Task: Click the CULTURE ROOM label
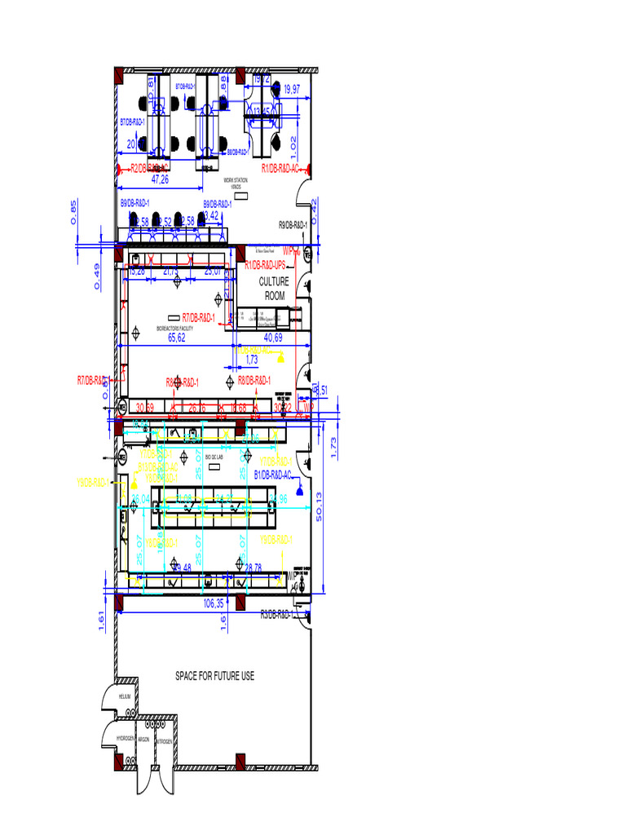tap(274, 289)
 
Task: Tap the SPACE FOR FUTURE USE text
tap(215, 676)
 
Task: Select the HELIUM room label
tap(124, 696)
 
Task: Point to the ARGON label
tap(143, 739)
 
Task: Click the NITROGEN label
tap(163, 741)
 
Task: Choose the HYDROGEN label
tap(126, 738)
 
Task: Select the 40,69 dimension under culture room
tap(273, 337)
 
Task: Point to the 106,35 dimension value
tap(214, 604)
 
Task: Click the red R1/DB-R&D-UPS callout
tap(265, 265)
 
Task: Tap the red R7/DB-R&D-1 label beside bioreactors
tap(198, 317)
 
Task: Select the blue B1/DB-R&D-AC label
tap(276, 474)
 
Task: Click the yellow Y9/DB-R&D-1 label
tap(276, 540)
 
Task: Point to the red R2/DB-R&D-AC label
tap(152, 169)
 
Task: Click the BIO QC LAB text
tap(214, 457)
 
